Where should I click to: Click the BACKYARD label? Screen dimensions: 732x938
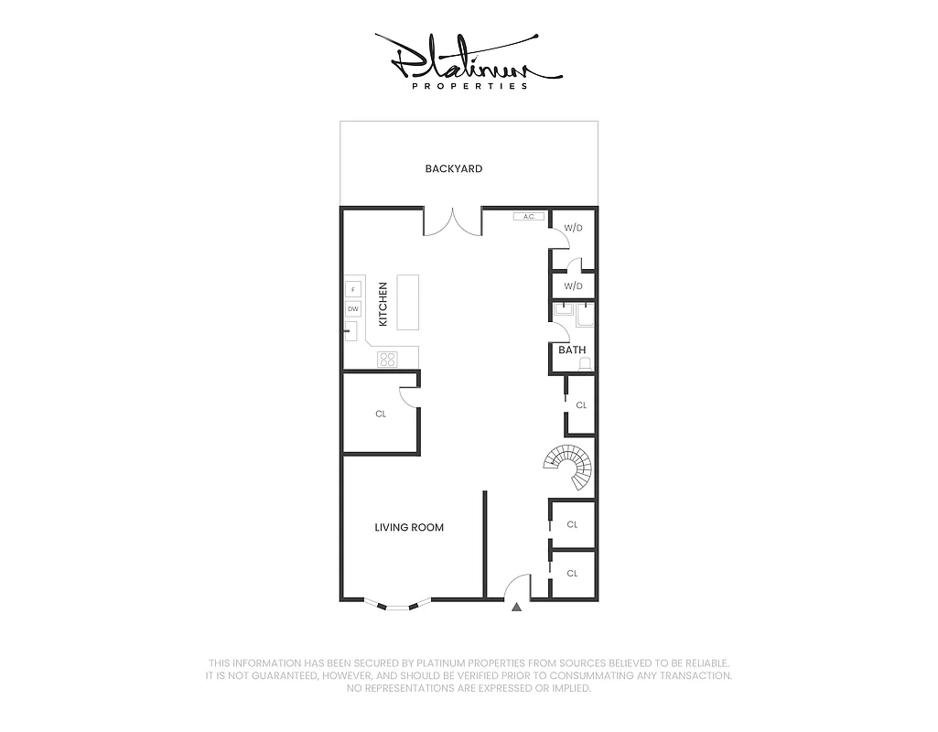[x=453, y=169]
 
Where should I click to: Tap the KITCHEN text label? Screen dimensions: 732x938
[x=383, y=304]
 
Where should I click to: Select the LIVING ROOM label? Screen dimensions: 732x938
[x=409, y=528]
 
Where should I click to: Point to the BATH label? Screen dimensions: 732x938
[x=572, y=350]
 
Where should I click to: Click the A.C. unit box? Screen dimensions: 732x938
[x=529, y=217]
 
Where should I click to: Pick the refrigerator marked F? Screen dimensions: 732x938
[x=353, y=290]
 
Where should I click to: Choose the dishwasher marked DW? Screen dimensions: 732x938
[x=353, y=309]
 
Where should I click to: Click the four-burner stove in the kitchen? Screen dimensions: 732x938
[x=389, y=359]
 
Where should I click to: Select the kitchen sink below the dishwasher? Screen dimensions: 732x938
[x=350, y=332]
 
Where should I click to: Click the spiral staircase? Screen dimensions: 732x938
[x=567, y=466]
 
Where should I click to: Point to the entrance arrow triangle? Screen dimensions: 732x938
[x=517, y=606]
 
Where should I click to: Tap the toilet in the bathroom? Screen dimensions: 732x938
[x=586, y=363]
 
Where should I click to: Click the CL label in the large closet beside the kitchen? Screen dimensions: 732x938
[x=381, y=414]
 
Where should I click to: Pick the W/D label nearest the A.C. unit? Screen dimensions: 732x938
[x=573, y=228]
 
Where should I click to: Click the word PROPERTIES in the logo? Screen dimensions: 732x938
[x=469, y=87]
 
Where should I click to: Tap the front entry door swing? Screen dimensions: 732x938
[x=519, y=587]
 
